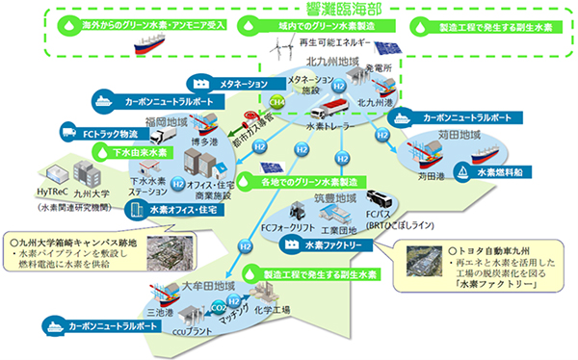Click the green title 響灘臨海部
pos(289,9)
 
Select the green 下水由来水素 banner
pos(134,151)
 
